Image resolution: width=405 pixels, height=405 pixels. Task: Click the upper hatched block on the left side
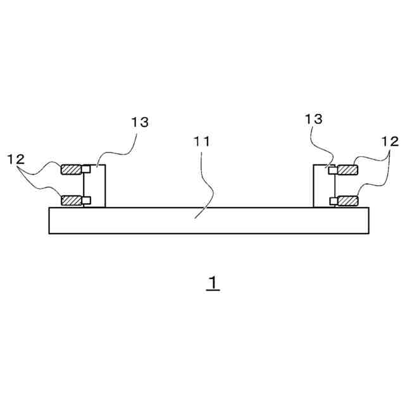coord(71,170)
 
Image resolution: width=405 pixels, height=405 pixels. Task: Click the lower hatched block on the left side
coord(71,201)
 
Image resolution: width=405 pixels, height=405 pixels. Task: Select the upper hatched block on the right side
coord(347,170)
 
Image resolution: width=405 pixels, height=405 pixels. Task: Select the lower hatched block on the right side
coord(347,201)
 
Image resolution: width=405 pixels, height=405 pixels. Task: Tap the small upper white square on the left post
coord(86,169)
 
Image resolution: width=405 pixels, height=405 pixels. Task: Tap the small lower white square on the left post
coord(86,201)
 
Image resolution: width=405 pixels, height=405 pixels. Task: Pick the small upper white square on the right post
coord(332,170)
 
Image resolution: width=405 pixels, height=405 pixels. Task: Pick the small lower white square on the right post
coord(332,201)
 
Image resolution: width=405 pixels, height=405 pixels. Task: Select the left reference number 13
coord(140,122)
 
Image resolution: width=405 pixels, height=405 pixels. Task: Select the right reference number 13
coord(314,119)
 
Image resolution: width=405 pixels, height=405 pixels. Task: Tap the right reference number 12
coord(390,141)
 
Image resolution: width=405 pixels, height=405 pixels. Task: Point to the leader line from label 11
coord(208,184)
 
